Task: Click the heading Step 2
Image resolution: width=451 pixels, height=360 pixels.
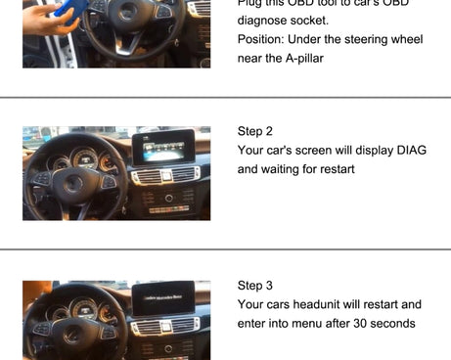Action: (255, 131)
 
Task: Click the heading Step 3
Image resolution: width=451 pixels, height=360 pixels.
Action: (255, 286)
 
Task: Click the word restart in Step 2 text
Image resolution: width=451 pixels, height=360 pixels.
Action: (335, 168)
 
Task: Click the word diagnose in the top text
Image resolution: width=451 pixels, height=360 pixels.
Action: (264, 20)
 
